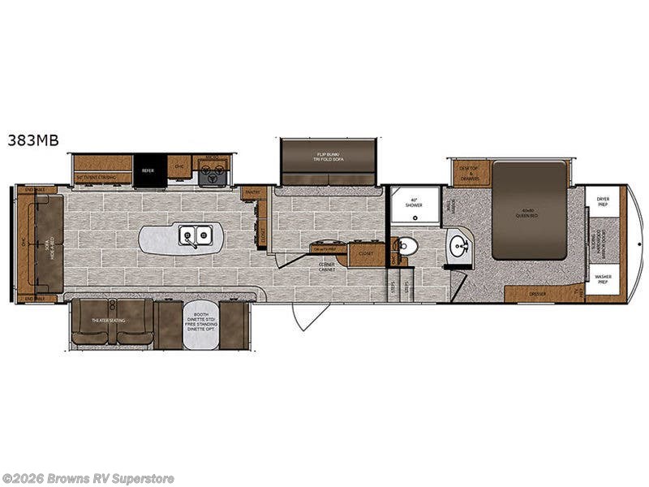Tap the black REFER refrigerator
149,170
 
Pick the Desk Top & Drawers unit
469,173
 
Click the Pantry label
253,192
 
